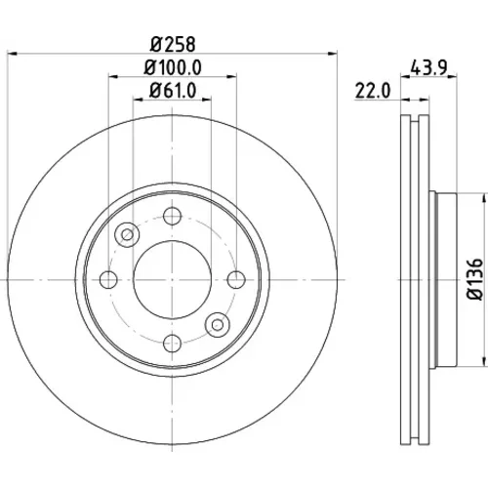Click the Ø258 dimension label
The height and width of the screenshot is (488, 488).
click(173, 44)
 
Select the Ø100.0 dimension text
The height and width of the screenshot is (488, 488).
click(173, 67)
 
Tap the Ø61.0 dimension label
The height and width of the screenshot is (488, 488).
click(173, 91)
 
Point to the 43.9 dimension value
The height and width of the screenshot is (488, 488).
click(429, 67)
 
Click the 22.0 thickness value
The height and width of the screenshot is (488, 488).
click(373, 91)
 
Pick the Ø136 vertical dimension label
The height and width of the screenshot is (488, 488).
click(474, 279)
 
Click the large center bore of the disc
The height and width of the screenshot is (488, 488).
click(172, 279)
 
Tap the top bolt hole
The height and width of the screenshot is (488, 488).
click(172, 216)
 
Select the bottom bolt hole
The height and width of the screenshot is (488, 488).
click(172, 343)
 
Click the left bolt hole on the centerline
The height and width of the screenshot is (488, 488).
click(108, 279)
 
